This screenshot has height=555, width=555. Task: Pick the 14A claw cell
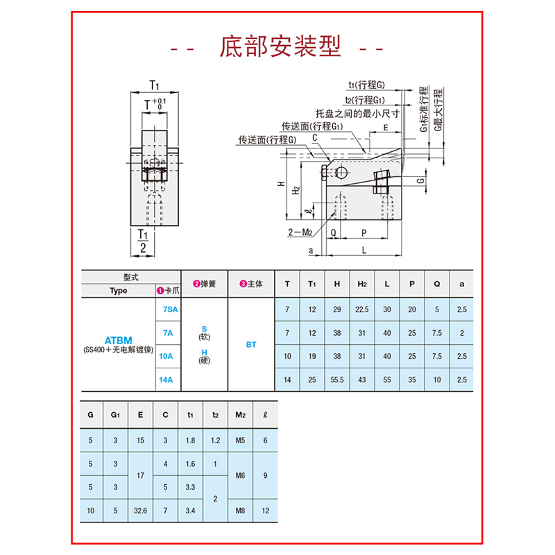coord(167,379)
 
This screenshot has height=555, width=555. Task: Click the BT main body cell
coord(252,344)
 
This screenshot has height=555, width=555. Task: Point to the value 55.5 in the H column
coord(336,379)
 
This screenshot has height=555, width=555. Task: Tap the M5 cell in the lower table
coord(241,441)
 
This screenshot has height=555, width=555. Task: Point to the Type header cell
coord(119,291)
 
